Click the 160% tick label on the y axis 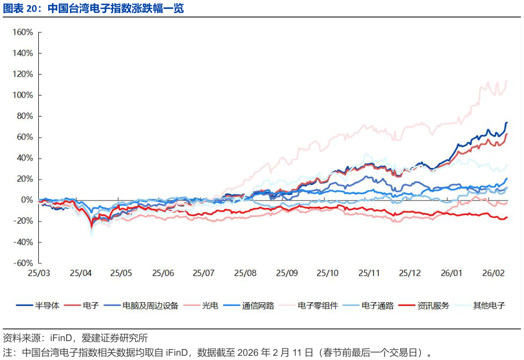click(x=23, y=32)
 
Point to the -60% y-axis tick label click(x=23, y=263)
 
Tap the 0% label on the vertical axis click(x=26, y=200)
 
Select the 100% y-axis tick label click(x=23, y=95)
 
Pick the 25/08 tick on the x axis click(x=245, y=273)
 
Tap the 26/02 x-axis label click(x=493, y=273)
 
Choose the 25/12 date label click(x=410, y=273)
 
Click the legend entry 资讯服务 click(x=433, y=305)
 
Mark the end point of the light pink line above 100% click(x=507, y=80)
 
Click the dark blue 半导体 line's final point click(x=507, y=123)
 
